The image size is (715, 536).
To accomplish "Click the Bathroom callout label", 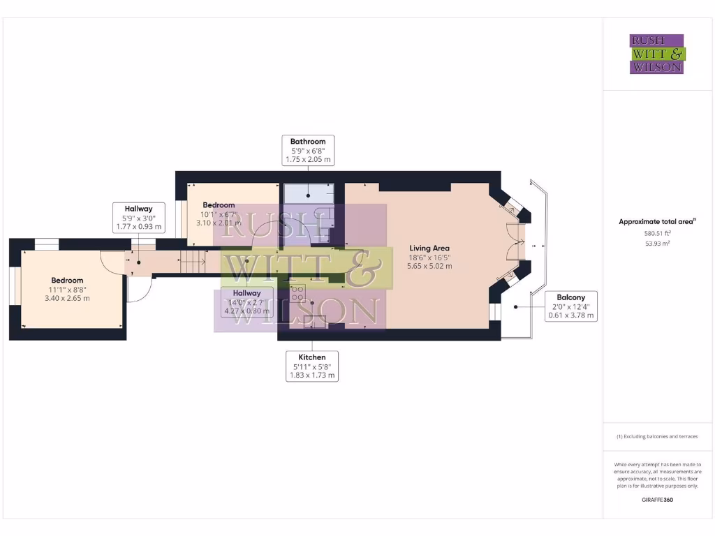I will pyautogui.click(x=308, y=151).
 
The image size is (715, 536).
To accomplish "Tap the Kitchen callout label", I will pyautogui.click(x=312, y=366).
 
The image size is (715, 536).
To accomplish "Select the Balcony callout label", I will pyautogui.click(x=570, y=306).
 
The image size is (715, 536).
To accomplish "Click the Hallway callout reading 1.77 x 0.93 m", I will pyautogui.click(x=138, y=217).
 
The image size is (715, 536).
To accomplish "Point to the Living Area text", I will pyautogui.click(x=429, y=248).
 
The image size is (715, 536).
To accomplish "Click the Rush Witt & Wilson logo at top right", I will pyautogui.click(x=657, y=54).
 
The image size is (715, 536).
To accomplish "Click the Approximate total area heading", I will pyautogui.click(x=657, y=222).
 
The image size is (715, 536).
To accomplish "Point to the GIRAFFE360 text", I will pyautogui.click(x=657, y=500).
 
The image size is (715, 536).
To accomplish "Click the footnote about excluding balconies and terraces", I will pyautogui.click(x=657, y=437).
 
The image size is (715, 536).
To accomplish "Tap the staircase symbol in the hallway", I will pyautogui.click(x=191, y=263).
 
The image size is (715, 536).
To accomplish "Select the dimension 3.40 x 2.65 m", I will pyautogui.click(x=67, y=298).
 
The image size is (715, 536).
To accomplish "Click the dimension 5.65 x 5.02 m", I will pyautogui.click(x=429, y=266).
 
